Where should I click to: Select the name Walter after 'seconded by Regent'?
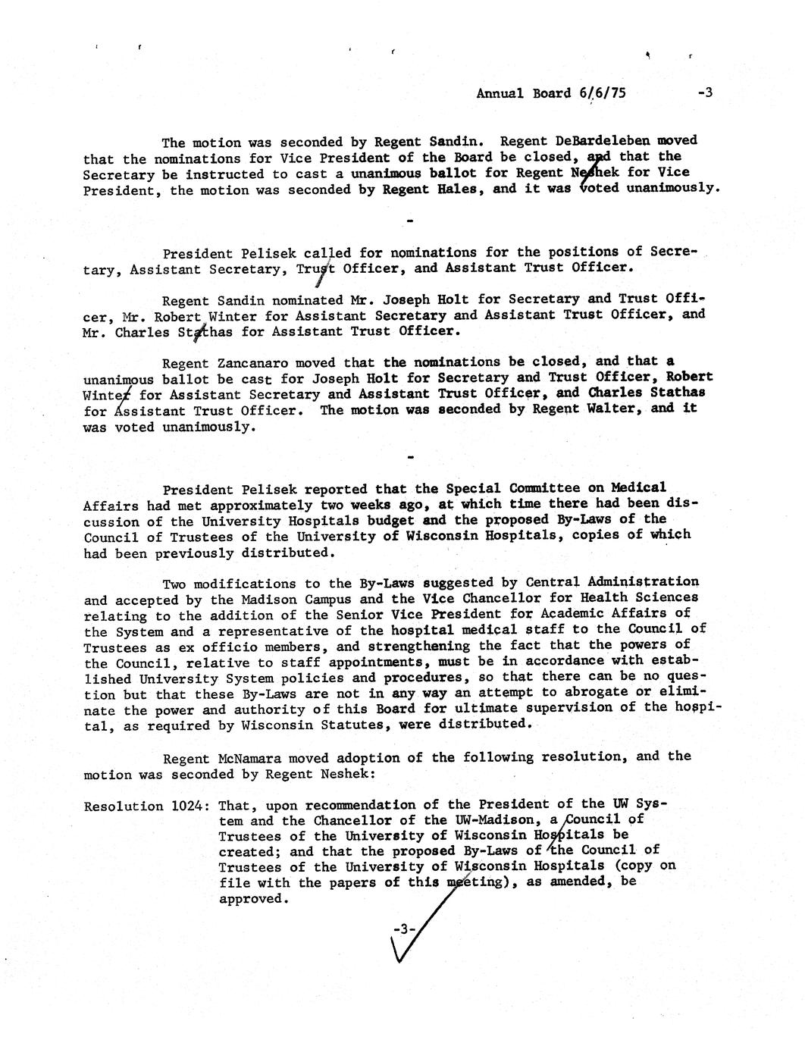(617, 409)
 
